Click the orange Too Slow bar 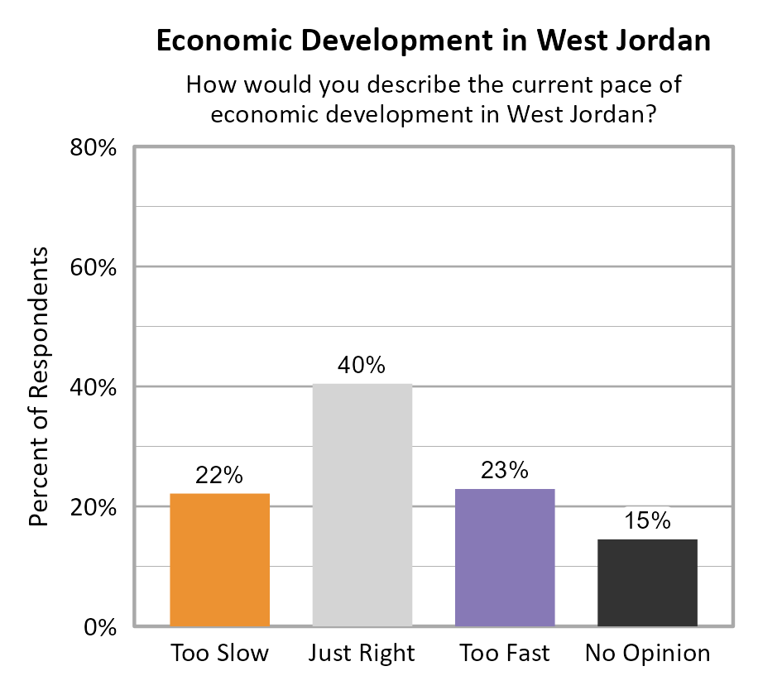point(219,559)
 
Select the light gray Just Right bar point(362,505)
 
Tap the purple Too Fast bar point(505,557)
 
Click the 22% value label point(219,476)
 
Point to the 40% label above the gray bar point(362,366)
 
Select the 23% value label point(505,471)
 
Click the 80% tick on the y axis point(92,148)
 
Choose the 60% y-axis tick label point(92,268)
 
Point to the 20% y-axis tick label point(92,507)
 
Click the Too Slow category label point(219,654)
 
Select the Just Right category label point(362,654)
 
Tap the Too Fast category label point(505,654)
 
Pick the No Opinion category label point(648,654)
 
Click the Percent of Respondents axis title point(40,386)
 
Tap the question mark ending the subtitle point(651,114)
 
